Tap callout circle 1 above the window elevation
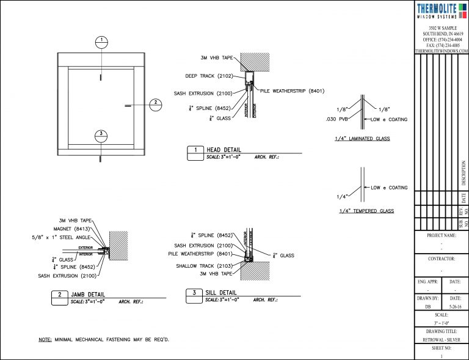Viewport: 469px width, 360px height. [101, 42]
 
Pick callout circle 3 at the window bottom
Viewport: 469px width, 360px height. [101, 135]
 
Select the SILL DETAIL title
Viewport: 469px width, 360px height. [223, 293]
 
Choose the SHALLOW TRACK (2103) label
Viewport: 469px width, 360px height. [205, 266]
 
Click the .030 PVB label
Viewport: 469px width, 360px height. [336, 119]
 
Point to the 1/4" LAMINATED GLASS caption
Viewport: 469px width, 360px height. [362, 139]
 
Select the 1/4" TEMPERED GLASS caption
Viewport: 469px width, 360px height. [365, 211]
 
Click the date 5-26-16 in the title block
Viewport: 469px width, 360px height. [455, 307]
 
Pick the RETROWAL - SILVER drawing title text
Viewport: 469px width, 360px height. [442, 339]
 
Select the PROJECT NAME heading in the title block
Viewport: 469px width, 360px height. [442, 235]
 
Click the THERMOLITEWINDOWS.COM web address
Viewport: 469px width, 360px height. [442, 51]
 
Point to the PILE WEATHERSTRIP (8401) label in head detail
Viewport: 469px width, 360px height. [292, 91]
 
